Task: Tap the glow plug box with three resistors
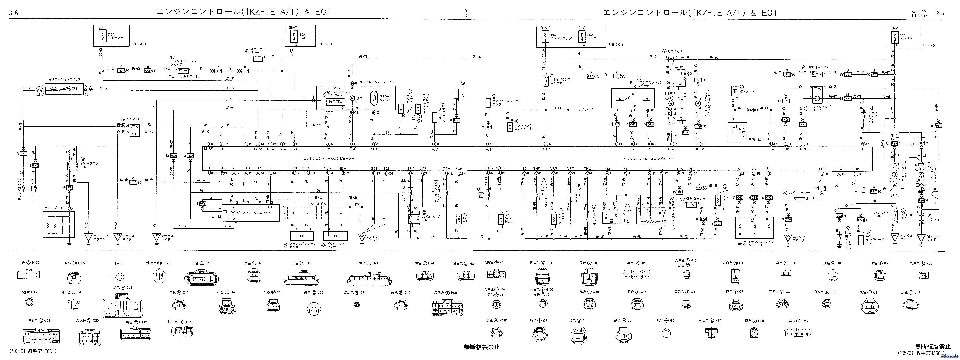click(59, 224)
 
